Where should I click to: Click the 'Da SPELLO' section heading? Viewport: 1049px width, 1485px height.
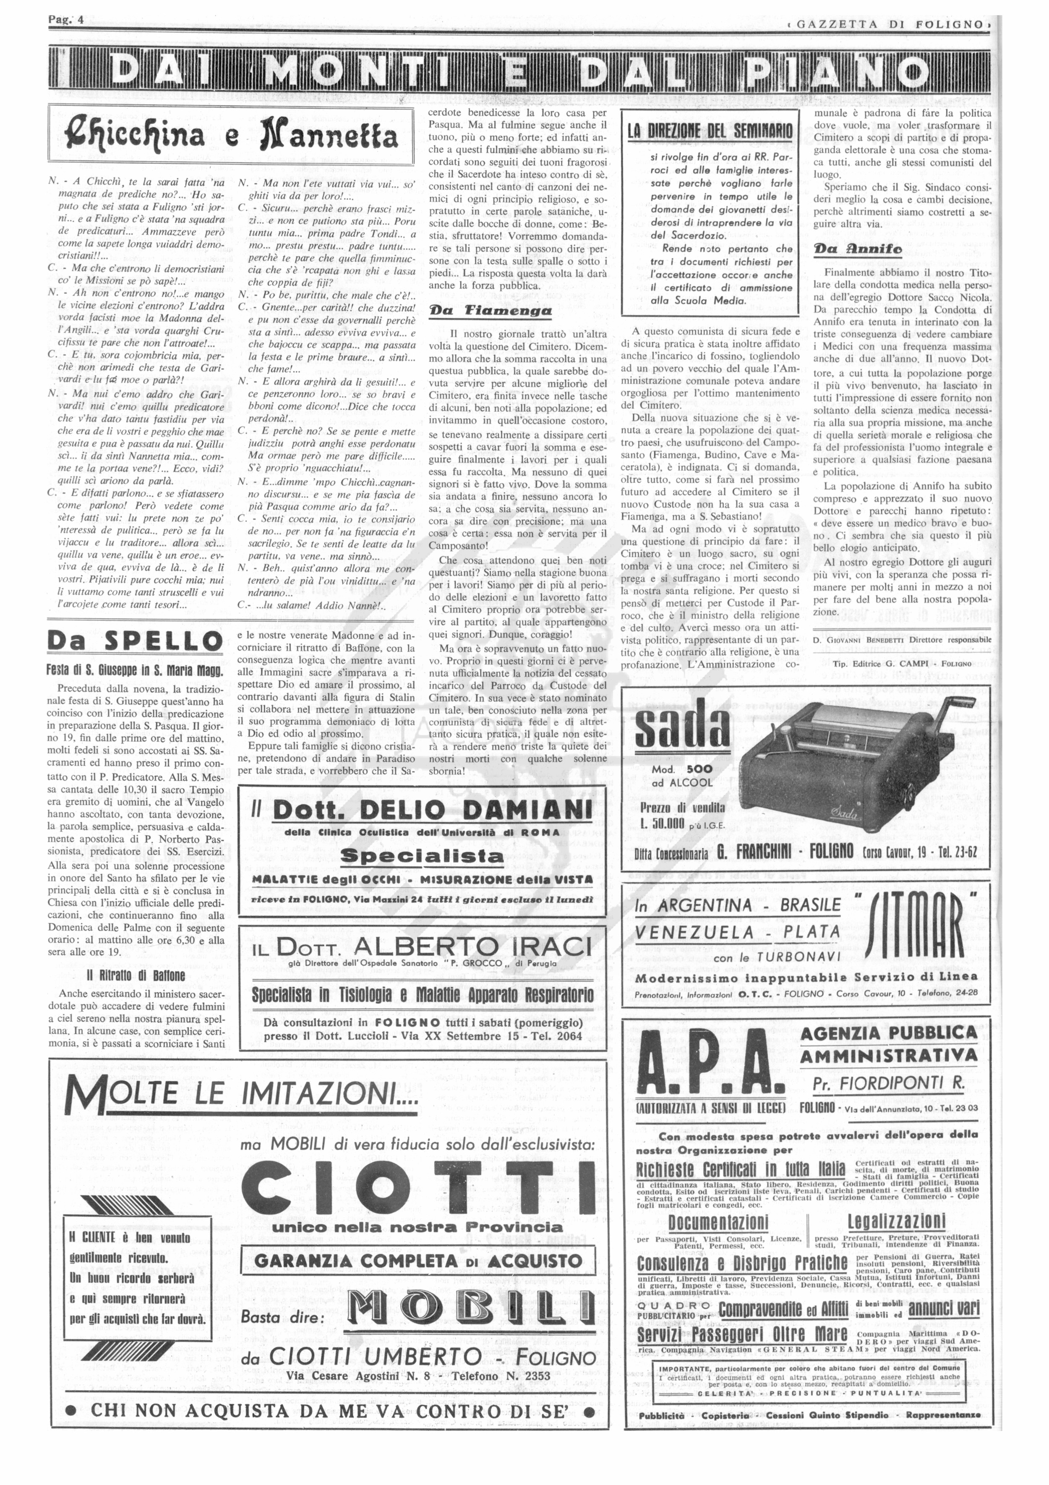point(135,642)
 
